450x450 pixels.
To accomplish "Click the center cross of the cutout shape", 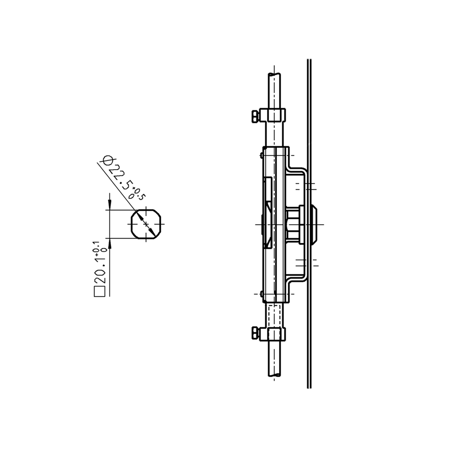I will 146,224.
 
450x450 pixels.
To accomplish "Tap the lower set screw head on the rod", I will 255,333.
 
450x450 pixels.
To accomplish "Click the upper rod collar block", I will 273,115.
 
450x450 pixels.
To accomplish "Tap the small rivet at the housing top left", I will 262,154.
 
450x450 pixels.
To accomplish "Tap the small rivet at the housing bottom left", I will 262,294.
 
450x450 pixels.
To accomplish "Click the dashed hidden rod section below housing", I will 274,315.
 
